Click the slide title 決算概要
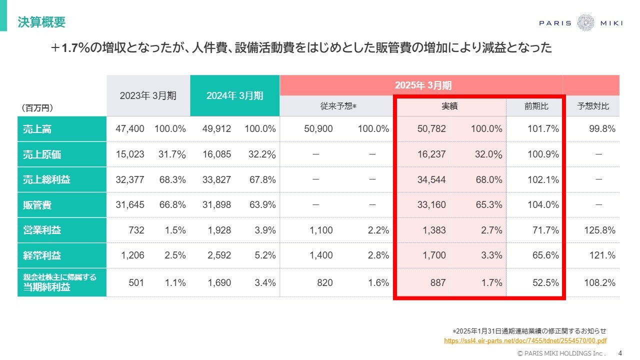click(x=41, y=22)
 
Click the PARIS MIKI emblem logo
click(x=585, y=23)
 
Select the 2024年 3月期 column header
click(x=234, y=95)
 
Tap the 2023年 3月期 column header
click(x=148, y=95)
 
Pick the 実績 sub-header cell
click(x=449, y=106)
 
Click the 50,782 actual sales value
click(x=431, y=129)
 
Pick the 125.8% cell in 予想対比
click(x=599, y=230)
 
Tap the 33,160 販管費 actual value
click(x=431, y=204)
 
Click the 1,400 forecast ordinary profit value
click(x=321, y=255)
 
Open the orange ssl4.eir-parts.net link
click(x=525, y=340)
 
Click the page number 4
click(x=620, y=352)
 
